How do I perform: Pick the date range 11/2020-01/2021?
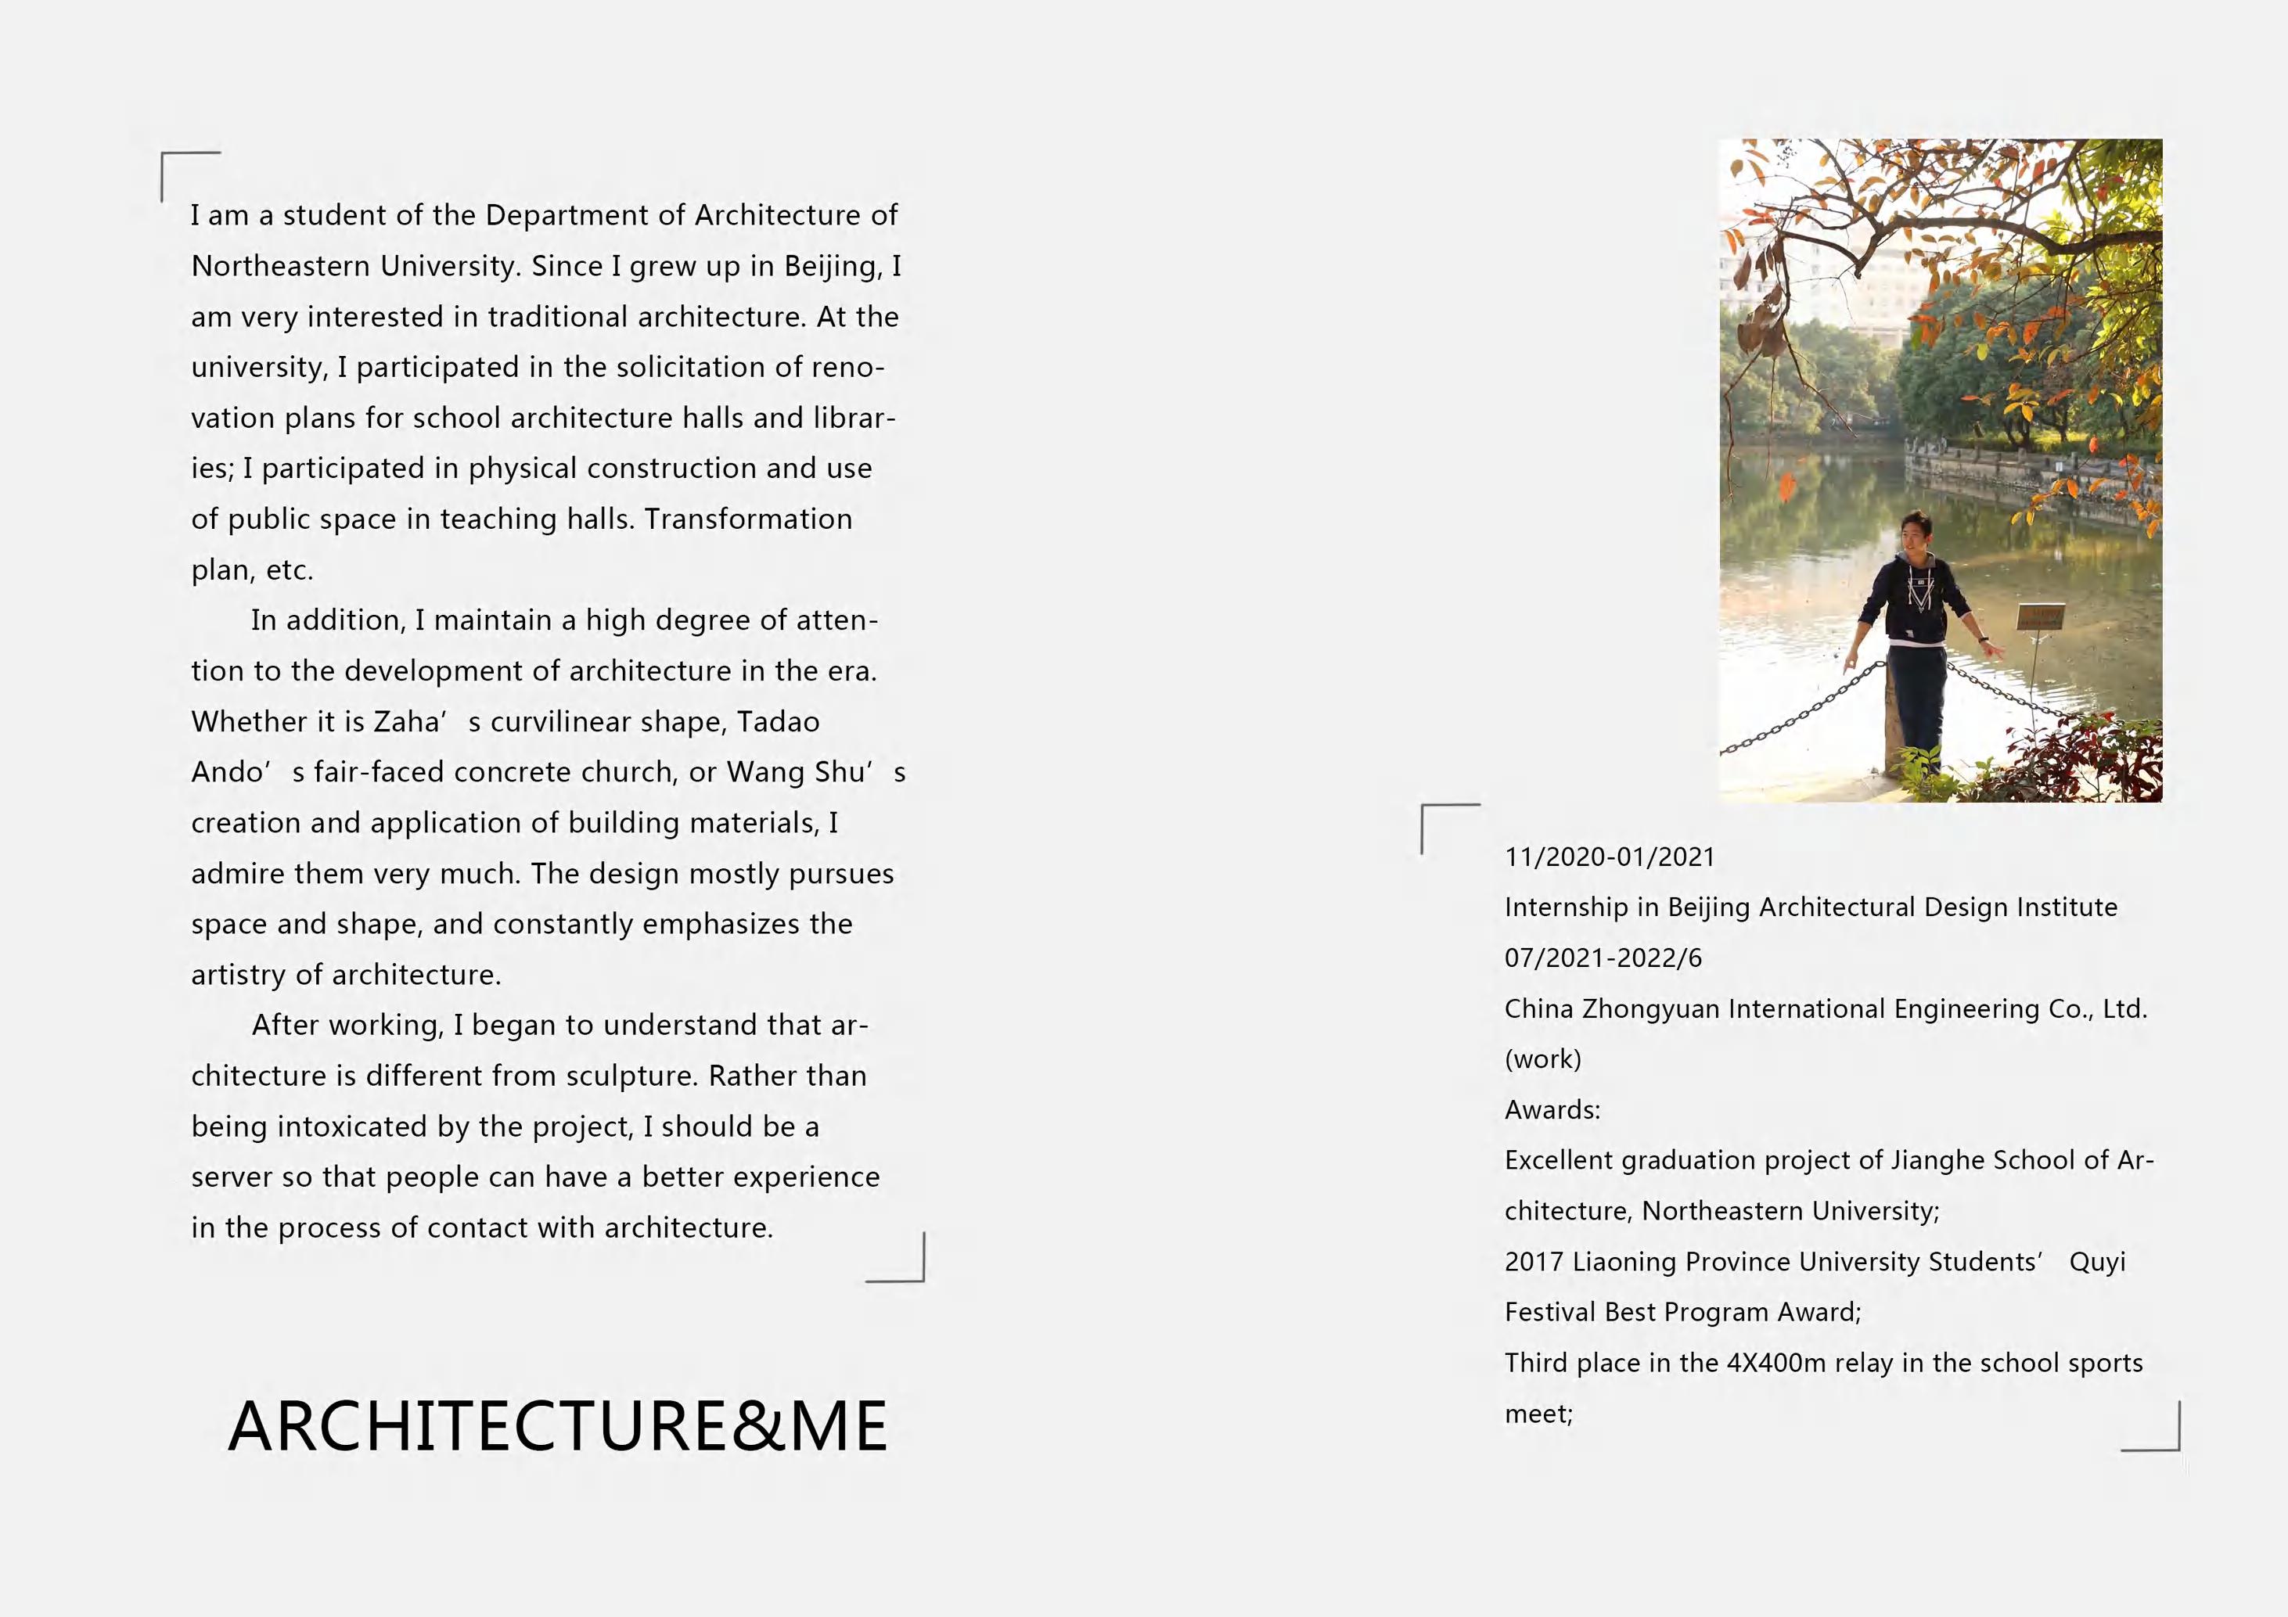(x=1610, y=857)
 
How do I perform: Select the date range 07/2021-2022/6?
(x=1603, y=958)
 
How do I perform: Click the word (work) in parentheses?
(x=1542, y=1059)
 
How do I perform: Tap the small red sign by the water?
(x=2040, y=616)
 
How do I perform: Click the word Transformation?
(x=747, y=519)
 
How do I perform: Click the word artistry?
(x=239, y=975)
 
